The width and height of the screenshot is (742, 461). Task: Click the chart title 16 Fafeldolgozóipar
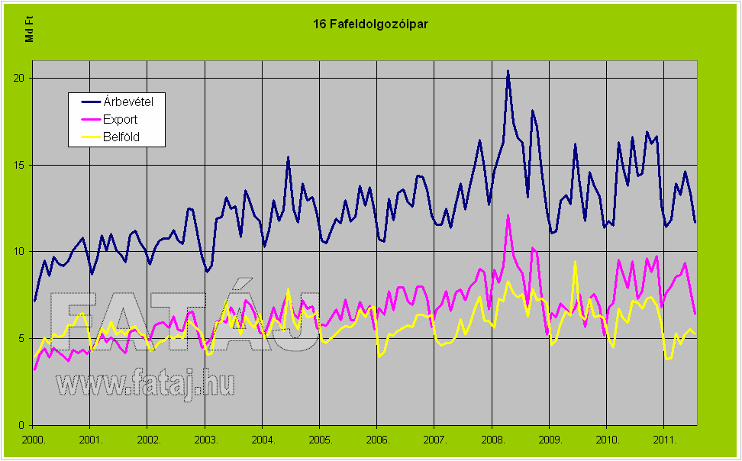pyautogui.click(x=370, y=24)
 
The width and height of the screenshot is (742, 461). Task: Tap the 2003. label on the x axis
pyautogui.click(x=205, y=440)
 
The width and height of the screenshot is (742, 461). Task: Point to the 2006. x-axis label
pyautogui.click(x=377, y=440)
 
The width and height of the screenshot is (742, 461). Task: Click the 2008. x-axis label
pyautogui.click(x=492, y=440)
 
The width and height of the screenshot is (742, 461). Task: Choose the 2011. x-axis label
pyautogui.click(x=664, y=440)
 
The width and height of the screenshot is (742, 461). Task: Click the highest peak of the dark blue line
pyautogui.click(x=508, y=71)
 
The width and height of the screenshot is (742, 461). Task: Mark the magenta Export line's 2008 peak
pyautogui.click(x=508, y=216)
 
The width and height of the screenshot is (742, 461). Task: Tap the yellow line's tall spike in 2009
pyautogui.click(x=575, y=262)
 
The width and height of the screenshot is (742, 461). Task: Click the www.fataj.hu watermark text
pyautogui.click(x=144, y=383)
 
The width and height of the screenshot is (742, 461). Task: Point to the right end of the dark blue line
pyautogui.click(x=695, y=221)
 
